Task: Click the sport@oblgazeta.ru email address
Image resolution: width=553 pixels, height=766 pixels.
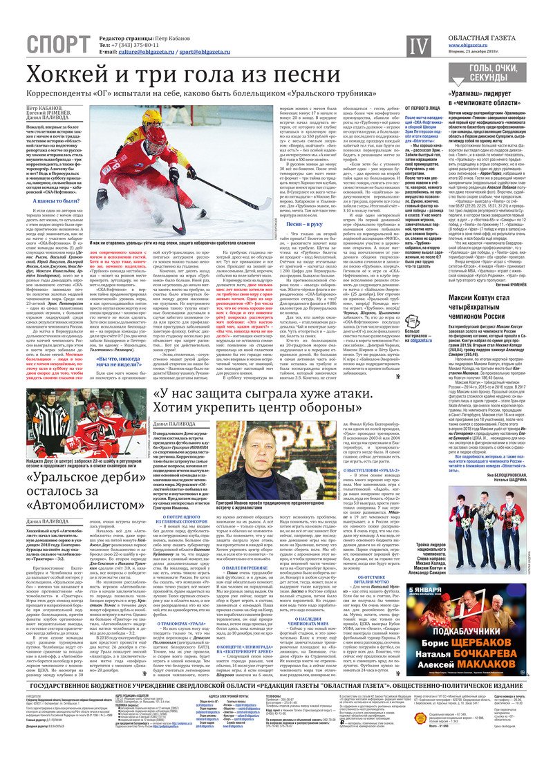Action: [207, 51]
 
